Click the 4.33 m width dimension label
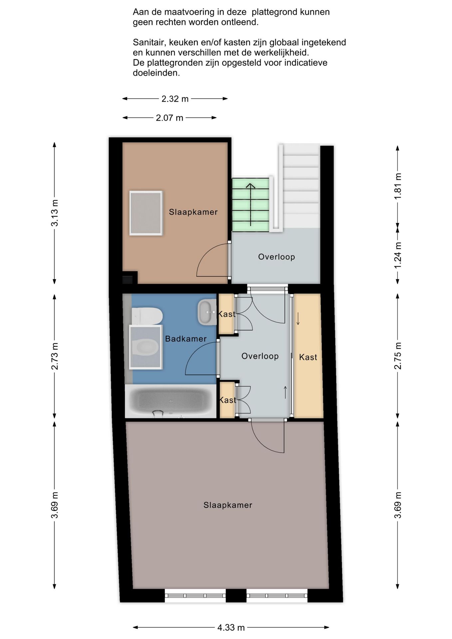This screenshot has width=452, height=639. tap(231, 628)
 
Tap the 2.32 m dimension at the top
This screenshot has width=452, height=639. tap(175, 99)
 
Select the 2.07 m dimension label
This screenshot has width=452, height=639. tap(169, 118)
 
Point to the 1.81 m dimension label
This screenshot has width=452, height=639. tap(398, 186)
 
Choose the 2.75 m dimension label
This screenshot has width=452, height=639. tap(398, 356)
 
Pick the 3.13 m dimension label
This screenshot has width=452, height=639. tap(55, 213)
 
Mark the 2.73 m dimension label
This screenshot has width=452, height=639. tap(55, 356)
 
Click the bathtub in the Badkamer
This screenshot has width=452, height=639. tap(170, 401)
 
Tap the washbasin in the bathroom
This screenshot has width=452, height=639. tap(207, 312)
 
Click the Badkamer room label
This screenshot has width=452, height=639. tap(186, 339)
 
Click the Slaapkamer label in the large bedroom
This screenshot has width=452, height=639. tap(228, 505)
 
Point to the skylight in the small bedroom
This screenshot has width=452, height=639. tap(146, 213)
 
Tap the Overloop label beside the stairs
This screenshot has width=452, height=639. tap(277, 257)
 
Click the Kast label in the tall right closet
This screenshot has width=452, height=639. tap(308, 357)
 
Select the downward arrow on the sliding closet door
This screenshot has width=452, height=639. tap(298, 319)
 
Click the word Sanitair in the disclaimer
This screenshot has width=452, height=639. tap(150, 43)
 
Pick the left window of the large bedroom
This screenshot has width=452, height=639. tap(195, 595)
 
